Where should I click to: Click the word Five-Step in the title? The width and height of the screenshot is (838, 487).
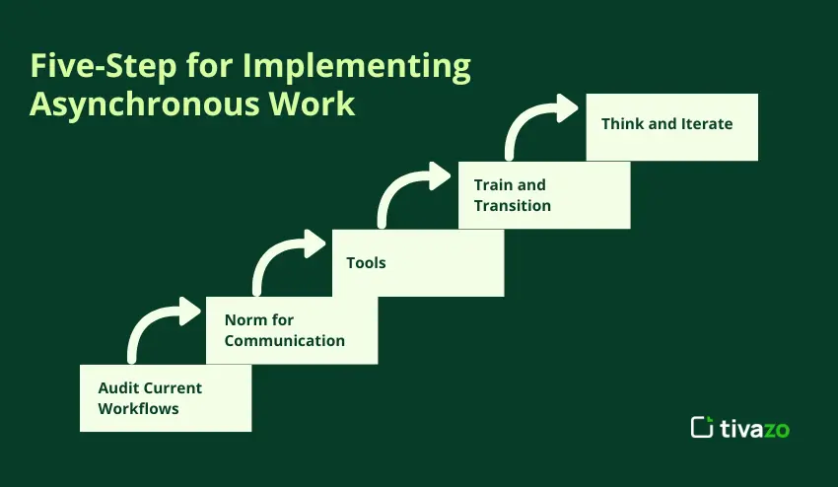click(104, 66)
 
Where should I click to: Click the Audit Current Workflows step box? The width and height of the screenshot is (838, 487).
click(166, 397)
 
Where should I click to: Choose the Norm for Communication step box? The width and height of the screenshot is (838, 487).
click(292, 330)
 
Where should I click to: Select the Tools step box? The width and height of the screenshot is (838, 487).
click(418, 262)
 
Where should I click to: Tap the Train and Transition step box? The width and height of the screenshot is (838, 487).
click(544, 195)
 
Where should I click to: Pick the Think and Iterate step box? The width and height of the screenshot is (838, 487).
click(671, 127)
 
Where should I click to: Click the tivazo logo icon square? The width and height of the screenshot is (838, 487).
click(702, 427)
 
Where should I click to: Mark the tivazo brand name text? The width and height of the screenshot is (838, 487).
click(754, 428)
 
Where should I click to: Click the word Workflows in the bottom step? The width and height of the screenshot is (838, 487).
click(138, 408)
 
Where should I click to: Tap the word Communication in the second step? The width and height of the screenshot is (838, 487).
click(284, 340)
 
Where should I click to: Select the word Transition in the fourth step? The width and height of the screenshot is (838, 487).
click(512, 205)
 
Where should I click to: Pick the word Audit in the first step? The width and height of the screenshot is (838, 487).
click(115, 387)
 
